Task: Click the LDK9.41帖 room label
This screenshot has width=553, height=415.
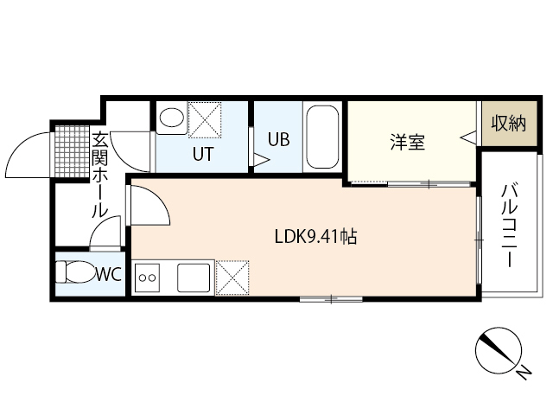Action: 315,235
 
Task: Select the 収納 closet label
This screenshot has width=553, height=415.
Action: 507,123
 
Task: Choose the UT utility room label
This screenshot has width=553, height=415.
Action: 203,153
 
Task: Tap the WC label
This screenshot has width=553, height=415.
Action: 107,275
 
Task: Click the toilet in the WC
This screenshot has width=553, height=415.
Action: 74,273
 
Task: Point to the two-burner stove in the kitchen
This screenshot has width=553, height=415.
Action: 148,278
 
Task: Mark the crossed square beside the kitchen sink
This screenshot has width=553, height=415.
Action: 232,278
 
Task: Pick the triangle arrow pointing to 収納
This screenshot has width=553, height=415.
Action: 467,137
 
